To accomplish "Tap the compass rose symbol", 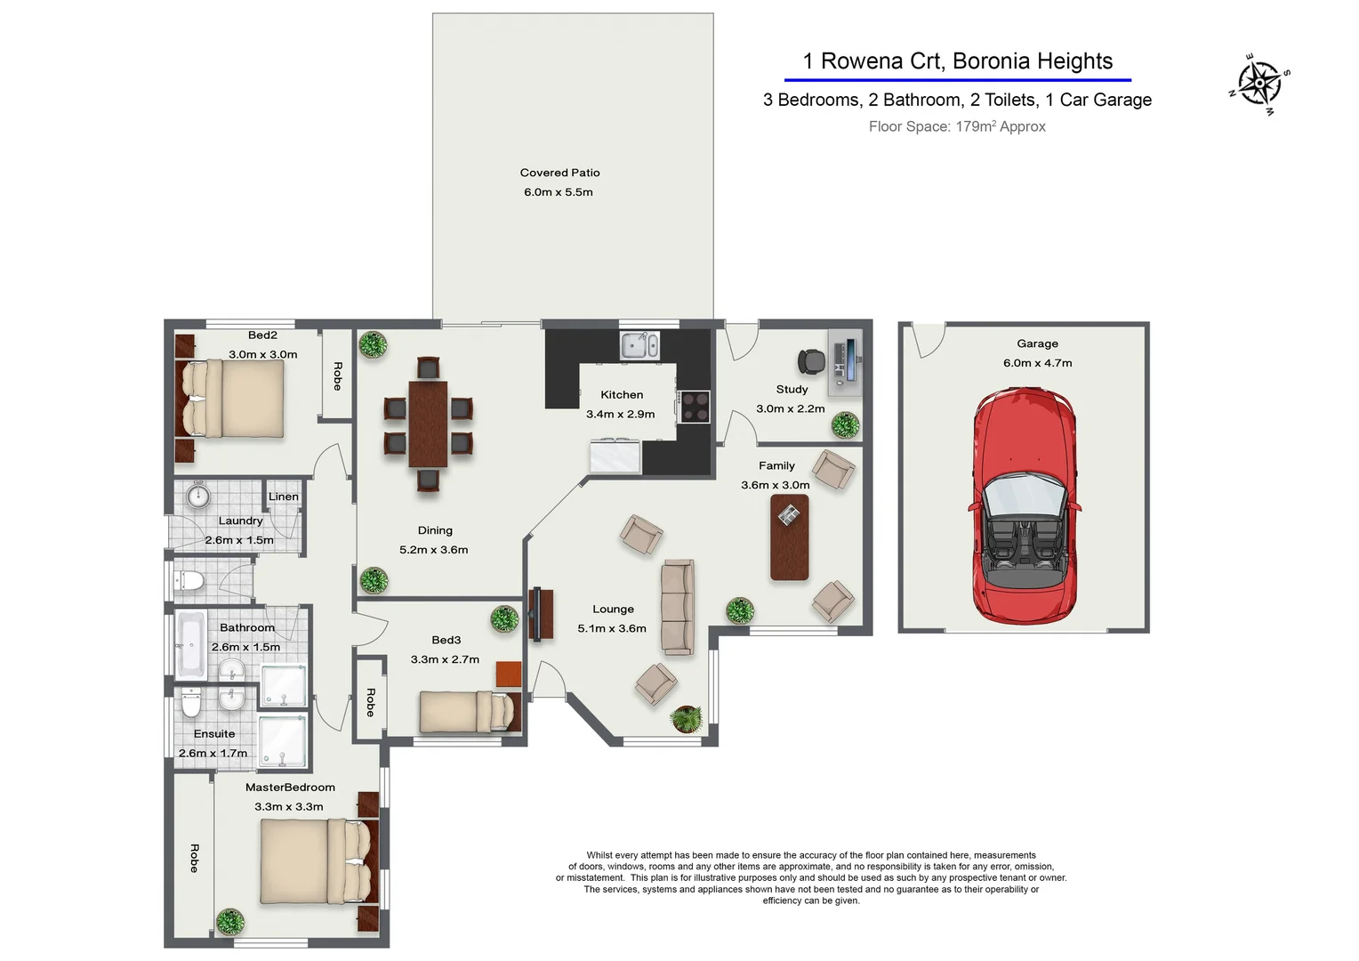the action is pyautogui.click(x=1259, y=84).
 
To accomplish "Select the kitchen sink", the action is pyautogui.click(x=639, y=345).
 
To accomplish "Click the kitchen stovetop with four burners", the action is pyautogui.click(x=695, y=406).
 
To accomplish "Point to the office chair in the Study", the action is pyautogui.click(x=812, y=362).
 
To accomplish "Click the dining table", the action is pyautogui.click(x=428, y=424).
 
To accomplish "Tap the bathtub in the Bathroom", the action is pyautogui.click(x=191, y=645).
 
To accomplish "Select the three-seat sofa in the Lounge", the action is pyautogui.click(x=679, y=607).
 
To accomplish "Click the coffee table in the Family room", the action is pyautogui.click(x=789, y=537).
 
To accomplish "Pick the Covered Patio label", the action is pyautogui.click(x=559, y=173).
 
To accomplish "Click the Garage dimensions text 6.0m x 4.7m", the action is pyautogui.click(x=1037, y=363).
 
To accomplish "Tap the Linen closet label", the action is pyautogui.click(x=284, y=497).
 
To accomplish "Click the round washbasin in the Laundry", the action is pyautogui.click(x=197, y=495).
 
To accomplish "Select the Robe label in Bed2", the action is pyautogui.click(x=338, y=376).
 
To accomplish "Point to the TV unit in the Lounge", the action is pyautogui.click(x=541, y=614).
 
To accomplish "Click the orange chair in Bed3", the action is pyautogui.click(x=509, y=674).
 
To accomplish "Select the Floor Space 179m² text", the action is pyautogui.click(x=957, y=126).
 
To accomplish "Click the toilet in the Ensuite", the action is pyautogui.click(x=190, y=703).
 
